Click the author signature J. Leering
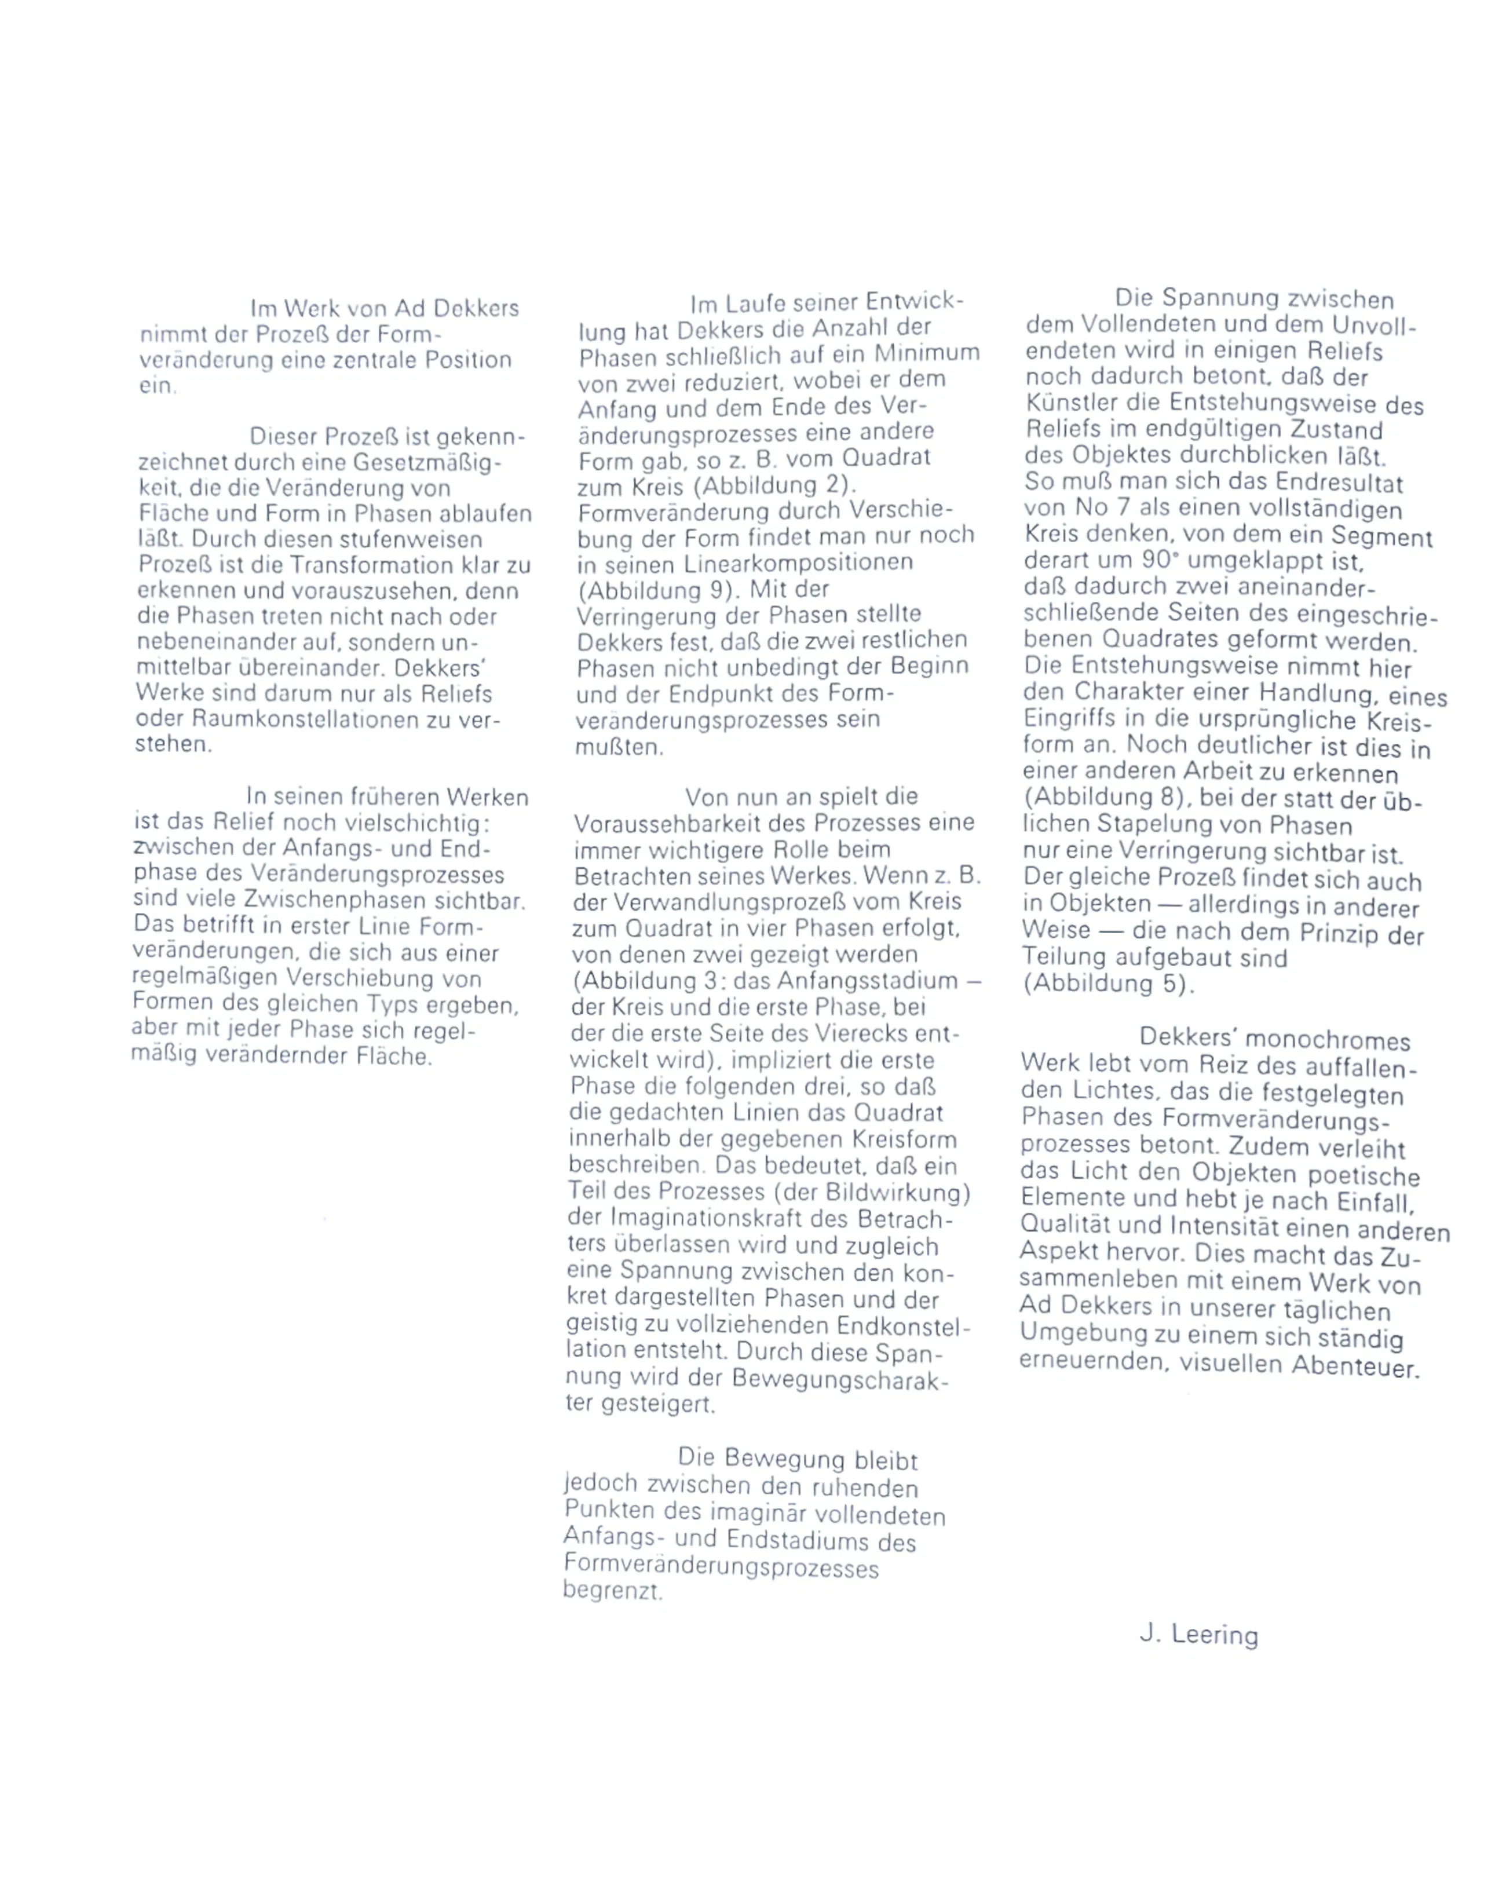tap(1198, 1633)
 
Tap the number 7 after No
tap(1122, 508)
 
